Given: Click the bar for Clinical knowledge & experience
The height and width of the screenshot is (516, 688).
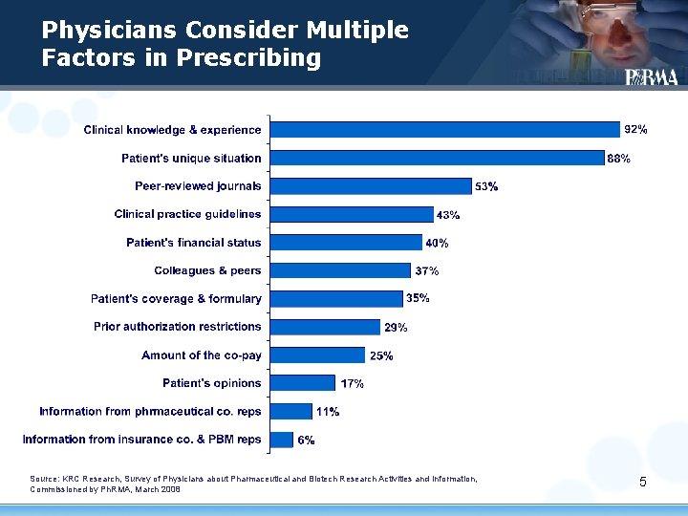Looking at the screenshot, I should pyautogui.click(x=444, y=129).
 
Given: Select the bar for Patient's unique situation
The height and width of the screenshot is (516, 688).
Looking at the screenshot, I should pyautogui.click(x=437, y=158).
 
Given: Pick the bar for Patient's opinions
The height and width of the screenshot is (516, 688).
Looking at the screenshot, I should pyautogui.click(x=302, y=383).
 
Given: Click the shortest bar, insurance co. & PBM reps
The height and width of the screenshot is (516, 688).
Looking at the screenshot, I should pyautogui.click(x=281, y=440).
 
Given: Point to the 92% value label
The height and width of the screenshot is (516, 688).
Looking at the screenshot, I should pyautogui.click(x=635, y=129).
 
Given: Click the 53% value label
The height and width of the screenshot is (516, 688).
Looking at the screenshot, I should pyautogui.click(x=486, y=187).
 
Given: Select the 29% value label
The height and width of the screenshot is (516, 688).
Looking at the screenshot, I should pyautogui.click(x=396, y=328).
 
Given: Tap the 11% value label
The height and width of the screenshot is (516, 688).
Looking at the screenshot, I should pyautogui.click(x=328, y=412).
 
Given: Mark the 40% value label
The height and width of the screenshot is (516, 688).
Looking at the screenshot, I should pyautogui.click(x=437, y=244).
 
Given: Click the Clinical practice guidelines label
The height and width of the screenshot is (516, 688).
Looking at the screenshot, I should pyautogui.click(x=187, y=214).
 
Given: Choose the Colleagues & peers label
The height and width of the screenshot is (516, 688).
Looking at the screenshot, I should pyautogui.click(x=207, y=270).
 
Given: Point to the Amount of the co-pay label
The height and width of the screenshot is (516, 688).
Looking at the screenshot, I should pyautogui.click(x=202, y=355).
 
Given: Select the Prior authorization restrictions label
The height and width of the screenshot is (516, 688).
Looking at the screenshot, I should pyautogui.click(x=178, y=327).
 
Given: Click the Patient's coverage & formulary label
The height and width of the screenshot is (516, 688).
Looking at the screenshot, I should pyautogui.click(x=176, y=299).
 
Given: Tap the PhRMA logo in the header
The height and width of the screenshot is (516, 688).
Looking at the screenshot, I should pyautogui.click(x=652, y=77).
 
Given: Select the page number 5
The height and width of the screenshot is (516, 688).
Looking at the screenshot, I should pyautogui.click(x=643, y=482).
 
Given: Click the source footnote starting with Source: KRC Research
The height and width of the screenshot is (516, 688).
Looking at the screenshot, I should pyautogui.click(x=253, y=484).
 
